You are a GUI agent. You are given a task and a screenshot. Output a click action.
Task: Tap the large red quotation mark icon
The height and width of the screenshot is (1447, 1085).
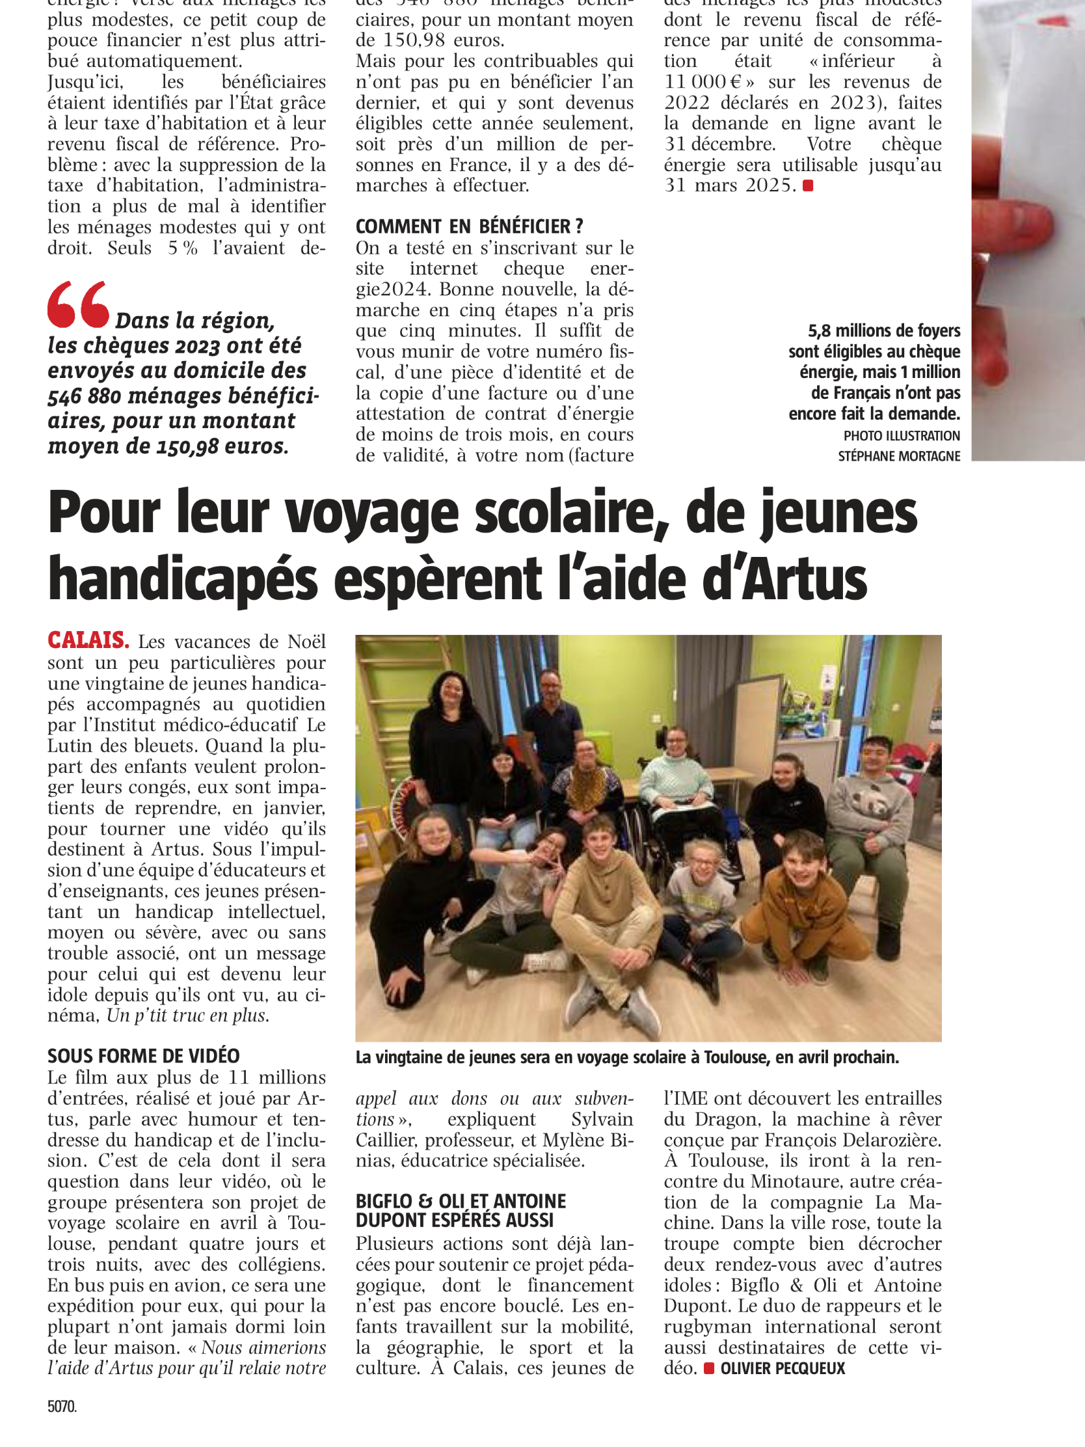[78, 304]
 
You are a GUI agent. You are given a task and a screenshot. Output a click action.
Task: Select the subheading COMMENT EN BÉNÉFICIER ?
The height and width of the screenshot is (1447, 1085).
[469, 226]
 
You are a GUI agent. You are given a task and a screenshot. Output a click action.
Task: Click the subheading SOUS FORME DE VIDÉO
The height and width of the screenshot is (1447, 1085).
[143, 1056]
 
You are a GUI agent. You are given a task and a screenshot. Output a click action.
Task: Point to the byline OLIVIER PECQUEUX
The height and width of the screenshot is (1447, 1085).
[782, 1368]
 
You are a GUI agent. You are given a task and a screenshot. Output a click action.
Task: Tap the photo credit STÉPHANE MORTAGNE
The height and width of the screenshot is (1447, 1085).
[898, 456]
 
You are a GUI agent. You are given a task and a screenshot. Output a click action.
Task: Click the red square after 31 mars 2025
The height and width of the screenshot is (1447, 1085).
[808, 186]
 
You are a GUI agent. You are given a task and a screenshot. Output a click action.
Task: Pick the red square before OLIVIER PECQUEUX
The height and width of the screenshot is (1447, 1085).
[708, 1368]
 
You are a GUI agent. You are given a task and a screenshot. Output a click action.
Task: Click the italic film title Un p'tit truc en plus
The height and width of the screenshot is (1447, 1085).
[188, 1015]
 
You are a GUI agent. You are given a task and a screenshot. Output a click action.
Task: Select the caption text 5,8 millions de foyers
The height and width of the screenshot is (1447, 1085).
[883, 331]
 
